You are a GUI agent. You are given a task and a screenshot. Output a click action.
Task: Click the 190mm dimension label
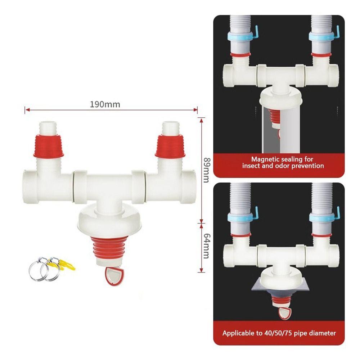105,104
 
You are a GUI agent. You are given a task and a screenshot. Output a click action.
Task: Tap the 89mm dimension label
206,169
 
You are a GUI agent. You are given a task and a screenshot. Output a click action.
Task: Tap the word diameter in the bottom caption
323,333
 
